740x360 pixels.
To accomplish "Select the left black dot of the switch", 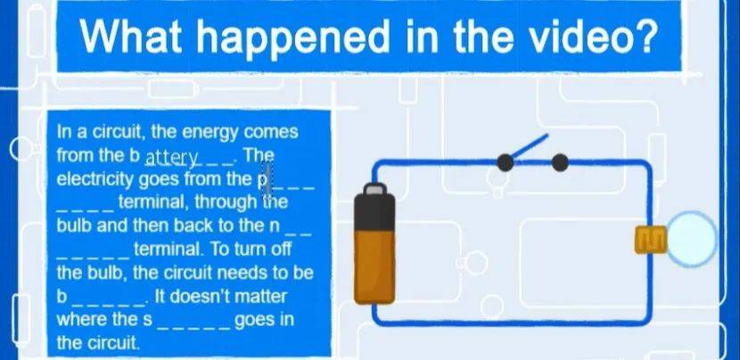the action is pyautogui.click(x=505, y=162).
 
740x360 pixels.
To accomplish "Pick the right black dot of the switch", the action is pyautogui.click(x=560, y=162).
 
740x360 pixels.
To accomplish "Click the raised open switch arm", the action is pyautogui.click(x=530, y=147).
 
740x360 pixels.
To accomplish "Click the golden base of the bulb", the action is pyautogui.click(x=651, y=240).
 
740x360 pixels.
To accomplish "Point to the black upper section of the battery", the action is pyautogui.click(x=374, y=212).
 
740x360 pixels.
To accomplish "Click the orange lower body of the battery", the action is pyautogui.click(x=374, y=266).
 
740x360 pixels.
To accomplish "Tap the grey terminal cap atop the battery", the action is pyautogui.click(x=374, y=189).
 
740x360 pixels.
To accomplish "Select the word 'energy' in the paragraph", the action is pyautogui.click(x=211, y=133).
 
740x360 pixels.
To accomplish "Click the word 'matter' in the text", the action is pyautogui.click(x=268, y=297).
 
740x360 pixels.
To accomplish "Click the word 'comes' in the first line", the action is pyautogui.click(x=271, y=132).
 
